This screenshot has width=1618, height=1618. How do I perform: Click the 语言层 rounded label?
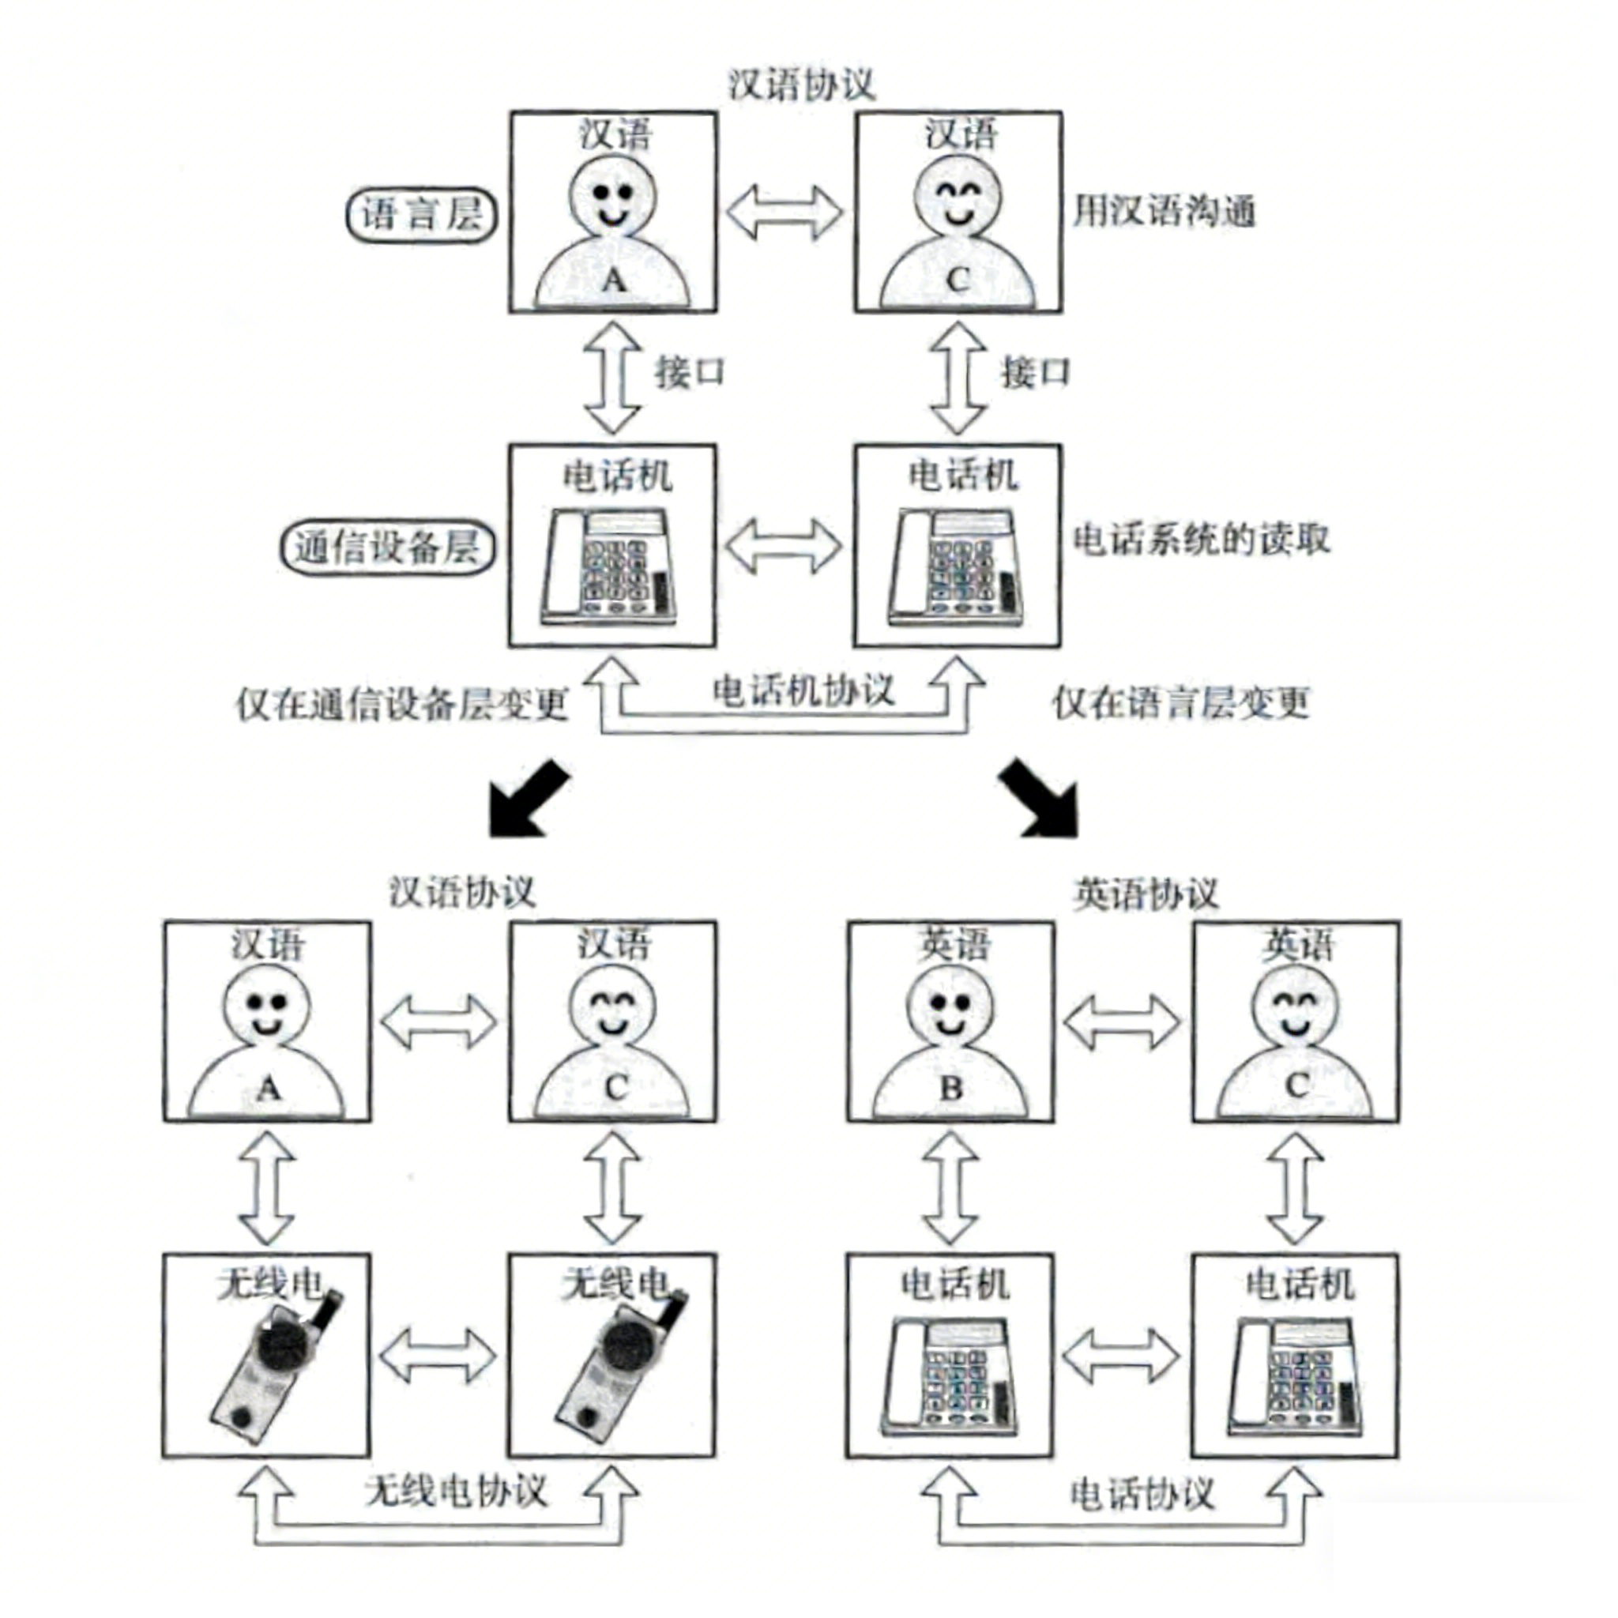coord(421,214)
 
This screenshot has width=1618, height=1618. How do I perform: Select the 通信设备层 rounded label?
coord(387,547)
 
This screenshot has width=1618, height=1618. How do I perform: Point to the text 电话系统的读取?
coord(1201,540)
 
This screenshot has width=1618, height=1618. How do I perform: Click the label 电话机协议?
coord(803,691)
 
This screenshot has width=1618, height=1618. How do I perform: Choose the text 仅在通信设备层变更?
coord(402,704)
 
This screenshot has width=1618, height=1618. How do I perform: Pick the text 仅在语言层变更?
coord(1181,702)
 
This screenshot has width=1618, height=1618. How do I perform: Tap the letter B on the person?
coord(951,1088)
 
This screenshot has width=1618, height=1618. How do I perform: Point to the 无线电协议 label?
coord(456,1492)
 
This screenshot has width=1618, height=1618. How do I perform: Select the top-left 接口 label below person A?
coord(689,373)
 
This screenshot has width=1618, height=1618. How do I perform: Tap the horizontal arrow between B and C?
coord(1122,1022)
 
